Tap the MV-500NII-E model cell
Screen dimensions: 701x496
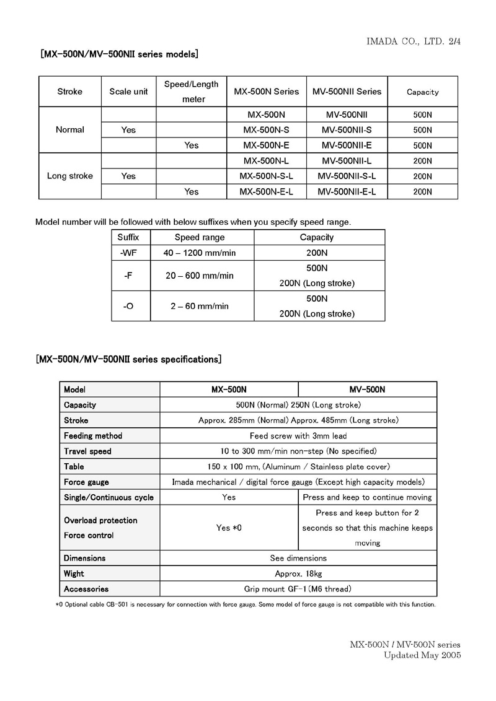point(348,145)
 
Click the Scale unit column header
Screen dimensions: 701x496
point(128,92)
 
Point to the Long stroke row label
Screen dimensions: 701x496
point(70,176)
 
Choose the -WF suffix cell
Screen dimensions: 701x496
point(129,253)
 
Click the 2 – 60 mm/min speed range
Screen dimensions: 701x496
point(197,306)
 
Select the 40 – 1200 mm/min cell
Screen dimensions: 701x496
point(200,253)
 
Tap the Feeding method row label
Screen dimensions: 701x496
point(93,436)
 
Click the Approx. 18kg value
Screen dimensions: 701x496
point(298,573)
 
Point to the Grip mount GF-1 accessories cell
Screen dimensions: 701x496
point(298,589)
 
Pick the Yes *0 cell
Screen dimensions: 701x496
point(229,528)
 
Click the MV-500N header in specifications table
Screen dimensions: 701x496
point(368,390)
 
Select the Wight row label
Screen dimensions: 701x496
point(74,573)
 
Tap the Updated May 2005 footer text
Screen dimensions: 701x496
point(422,655)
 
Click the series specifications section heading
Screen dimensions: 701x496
point(129,359)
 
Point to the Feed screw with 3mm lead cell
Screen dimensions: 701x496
point(298,436)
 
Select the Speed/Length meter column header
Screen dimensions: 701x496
point(192,92)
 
